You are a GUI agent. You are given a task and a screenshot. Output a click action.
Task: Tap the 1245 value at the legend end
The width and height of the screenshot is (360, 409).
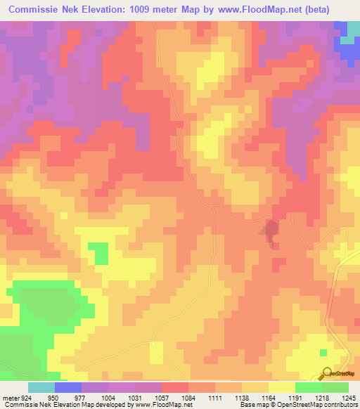pos(349,397)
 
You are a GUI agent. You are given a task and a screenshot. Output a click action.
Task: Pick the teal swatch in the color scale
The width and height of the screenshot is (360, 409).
pos(41,387)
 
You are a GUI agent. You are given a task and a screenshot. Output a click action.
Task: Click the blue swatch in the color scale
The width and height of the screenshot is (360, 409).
pos(68,387)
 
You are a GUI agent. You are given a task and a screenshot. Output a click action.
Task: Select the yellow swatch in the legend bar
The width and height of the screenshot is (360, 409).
pos(282,387)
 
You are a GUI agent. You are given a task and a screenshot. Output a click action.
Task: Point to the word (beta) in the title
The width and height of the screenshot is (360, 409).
pos(335,10)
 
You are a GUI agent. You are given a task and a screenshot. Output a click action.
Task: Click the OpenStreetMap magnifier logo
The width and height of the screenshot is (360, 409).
pos(326,372)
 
